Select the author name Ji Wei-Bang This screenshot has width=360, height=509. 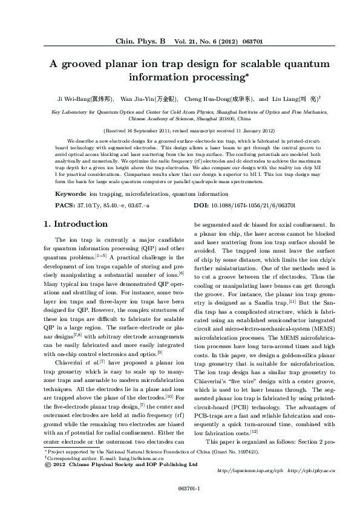click(74, 98)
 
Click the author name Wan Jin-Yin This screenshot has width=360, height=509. click(138, 98)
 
